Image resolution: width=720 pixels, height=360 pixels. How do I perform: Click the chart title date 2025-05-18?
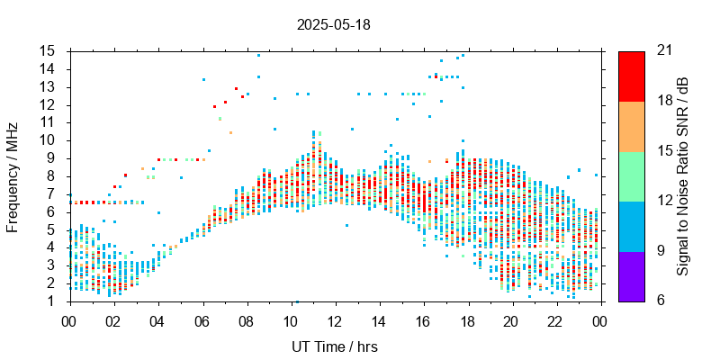coord(333,24)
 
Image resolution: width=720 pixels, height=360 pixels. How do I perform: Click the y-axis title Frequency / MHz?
coord(13,176)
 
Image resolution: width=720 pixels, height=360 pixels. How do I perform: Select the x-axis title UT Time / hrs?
coord(335,346)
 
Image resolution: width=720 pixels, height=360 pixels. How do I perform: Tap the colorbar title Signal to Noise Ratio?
coord(684,176)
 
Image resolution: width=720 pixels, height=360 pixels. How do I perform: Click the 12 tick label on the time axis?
coord(335,320)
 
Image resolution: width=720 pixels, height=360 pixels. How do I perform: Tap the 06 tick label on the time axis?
coord(202,320)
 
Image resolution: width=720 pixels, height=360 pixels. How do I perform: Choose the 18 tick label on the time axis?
coord(467,320)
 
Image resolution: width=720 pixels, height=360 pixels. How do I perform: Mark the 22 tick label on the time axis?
coord(555,320)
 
